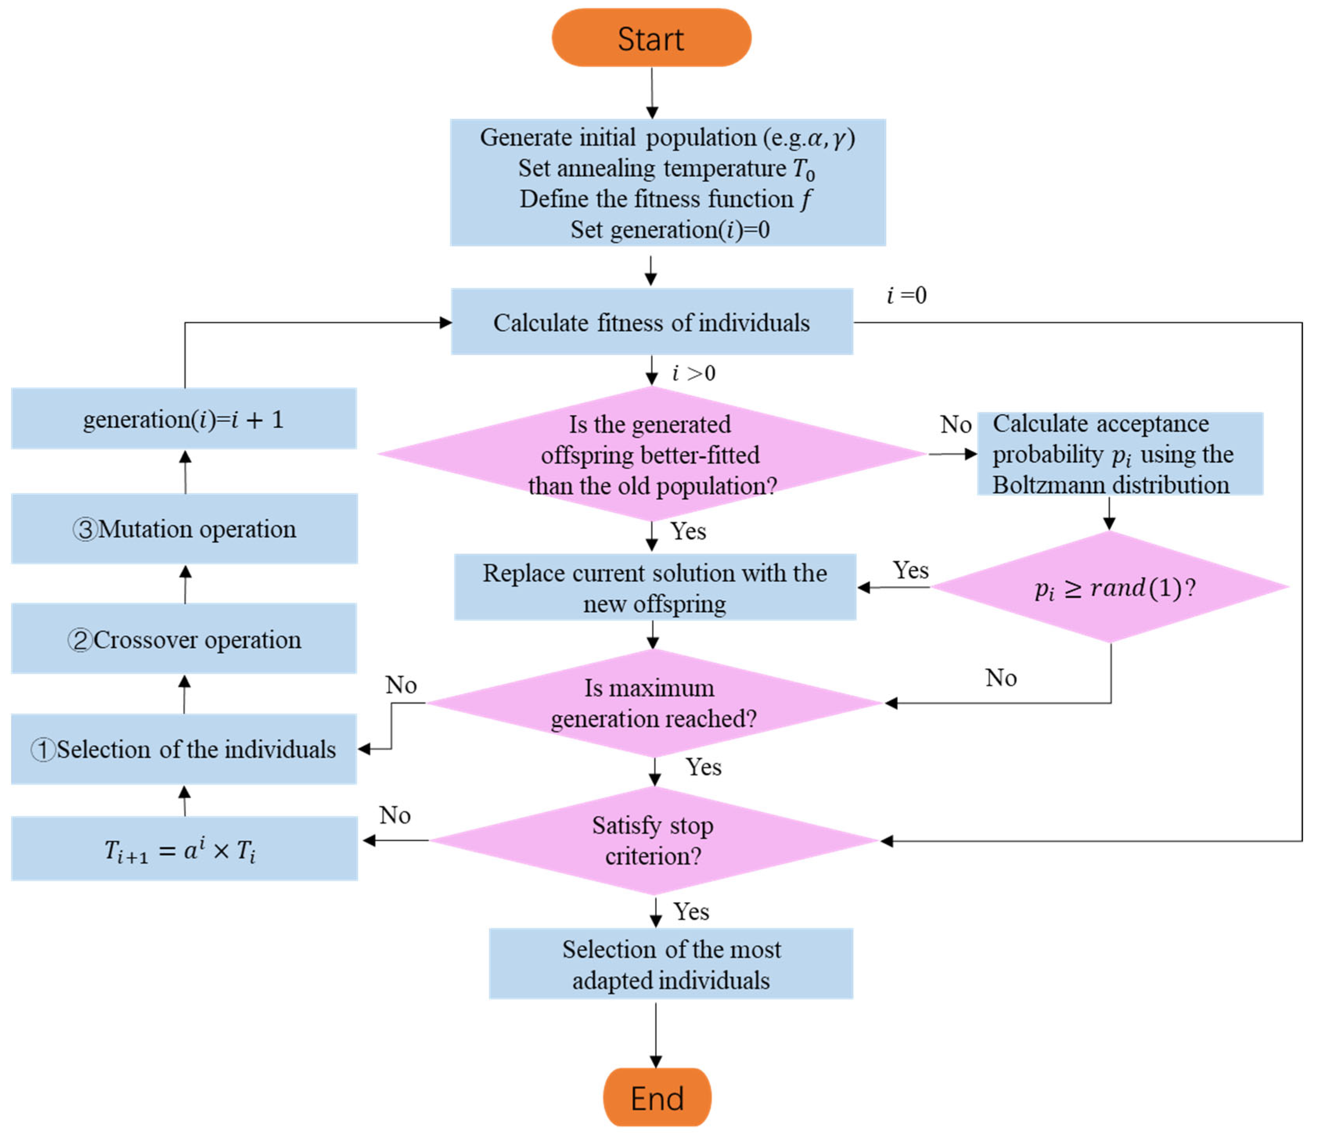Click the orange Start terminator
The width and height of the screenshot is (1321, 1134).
(x=651, y=38)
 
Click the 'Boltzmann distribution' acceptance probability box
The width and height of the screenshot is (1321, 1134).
(x=1120, y=454)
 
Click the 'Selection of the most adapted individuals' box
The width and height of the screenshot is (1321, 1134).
(x=671, y=964)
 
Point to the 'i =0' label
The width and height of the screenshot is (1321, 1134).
(x=906, y=295)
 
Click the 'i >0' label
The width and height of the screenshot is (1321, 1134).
(x=694, y=373)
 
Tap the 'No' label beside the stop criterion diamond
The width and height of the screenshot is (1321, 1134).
(x=395, y=815)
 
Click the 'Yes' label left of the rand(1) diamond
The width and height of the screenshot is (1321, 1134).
(x=910, y=570)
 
